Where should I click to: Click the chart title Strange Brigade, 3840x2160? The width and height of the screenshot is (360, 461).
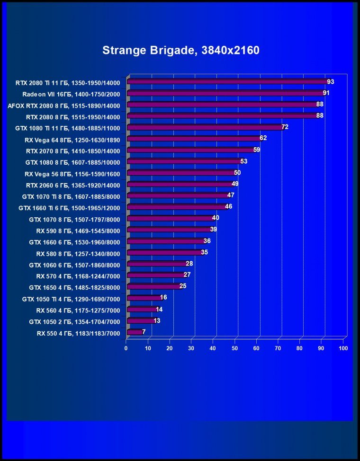(180, 50)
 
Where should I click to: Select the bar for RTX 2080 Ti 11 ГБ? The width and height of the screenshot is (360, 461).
(226, 82)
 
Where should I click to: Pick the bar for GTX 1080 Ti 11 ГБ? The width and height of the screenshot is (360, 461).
(204, 127)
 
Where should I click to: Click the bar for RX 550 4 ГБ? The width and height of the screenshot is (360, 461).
(135, 332)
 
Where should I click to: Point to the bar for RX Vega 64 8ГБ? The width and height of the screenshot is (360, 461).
(193, 139)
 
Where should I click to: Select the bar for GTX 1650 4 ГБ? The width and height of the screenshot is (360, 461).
(153, 287)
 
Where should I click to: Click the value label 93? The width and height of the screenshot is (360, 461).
(330, 82)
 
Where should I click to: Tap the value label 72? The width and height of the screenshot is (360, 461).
(285, 127)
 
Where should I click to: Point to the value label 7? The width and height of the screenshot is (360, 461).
(144, 332)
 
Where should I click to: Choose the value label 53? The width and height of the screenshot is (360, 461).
(244, 161)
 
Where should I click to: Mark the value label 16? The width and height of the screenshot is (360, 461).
(163, 298)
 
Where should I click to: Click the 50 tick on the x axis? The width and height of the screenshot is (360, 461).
(235, 348)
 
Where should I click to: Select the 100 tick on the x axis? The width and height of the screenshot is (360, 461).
(343, 348)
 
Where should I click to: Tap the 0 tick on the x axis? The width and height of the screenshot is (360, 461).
(126, 348)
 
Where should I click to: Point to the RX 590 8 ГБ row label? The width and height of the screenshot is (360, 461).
(78, 231)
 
